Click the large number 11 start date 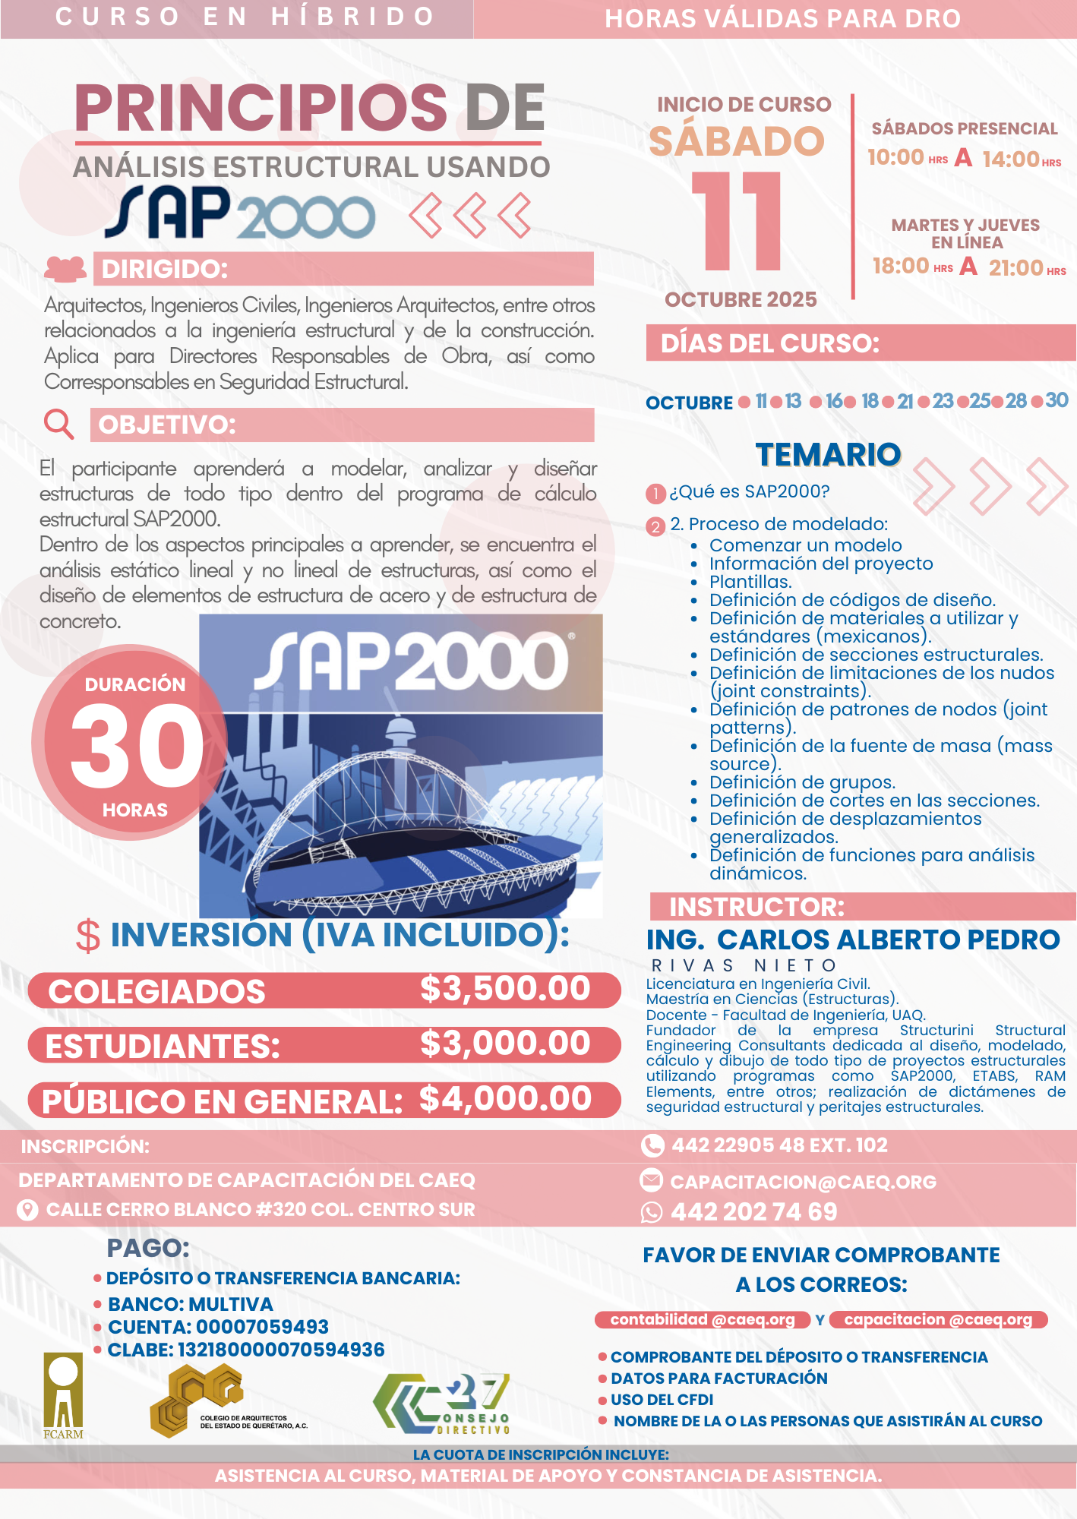737,221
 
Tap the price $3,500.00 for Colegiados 505,989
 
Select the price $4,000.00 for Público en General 505,1099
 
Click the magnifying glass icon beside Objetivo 58,424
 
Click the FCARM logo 63,1396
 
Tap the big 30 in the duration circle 137,746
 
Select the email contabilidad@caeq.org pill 703,1319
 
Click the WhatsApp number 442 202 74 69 753,1211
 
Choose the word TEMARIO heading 828,455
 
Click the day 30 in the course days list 1056,400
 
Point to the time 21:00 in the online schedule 1015,267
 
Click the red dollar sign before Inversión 88,936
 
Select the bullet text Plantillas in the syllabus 750,582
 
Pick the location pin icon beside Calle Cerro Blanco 27,1210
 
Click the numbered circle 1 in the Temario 655,494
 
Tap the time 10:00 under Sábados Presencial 895,157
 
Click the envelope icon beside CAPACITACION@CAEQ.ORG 651,1180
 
